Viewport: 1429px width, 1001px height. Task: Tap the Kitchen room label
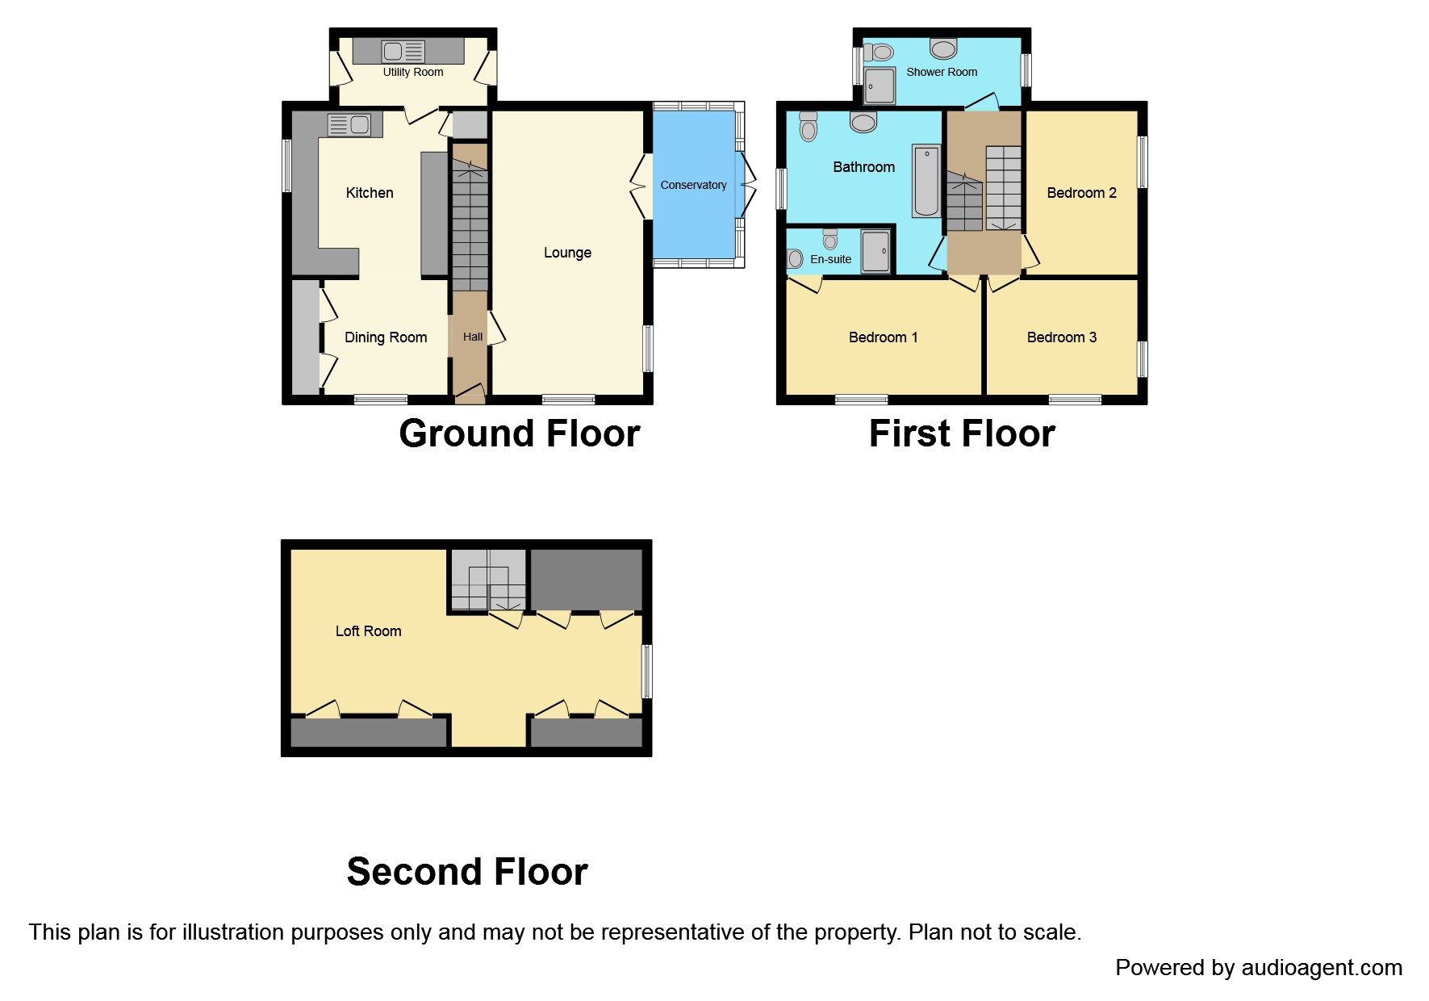tap(370, 193)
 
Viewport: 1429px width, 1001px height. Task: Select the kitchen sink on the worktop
tap(349, 125)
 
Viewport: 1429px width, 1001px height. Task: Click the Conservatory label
tap(693, 185)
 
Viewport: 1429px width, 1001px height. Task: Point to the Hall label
tap(473, 337)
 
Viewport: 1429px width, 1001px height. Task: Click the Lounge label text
tap(567, 253)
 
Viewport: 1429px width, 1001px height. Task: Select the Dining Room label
tap(386, 337)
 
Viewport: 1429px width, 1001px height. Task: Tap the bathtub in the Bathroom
tap(926, 181)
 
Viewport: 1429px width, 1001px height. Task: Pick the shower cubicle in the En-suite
tap(875, 252)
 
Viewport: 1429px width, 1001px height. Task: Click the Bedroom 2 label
tap(1081, 193)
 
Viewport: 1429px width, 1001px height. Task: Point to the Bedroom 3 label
tap(1061, 337)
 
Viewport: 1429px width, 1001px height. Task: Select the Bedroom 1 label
tap(883, 337)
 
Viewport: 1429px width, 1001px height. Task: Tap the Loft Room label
tap(368, 631)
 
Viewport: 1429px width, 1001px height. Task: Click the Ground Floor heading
tap(519, 433)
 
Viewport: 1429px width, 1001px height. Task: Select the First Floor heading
tap(962, 433)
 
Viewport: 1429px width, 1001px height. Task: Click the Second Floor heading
tap(467, 872)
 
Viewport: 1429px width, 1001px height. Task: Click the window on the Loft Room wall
tap(646, 671)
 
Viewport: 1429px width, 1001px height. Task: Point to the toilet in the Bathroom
tap(808, 128)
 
